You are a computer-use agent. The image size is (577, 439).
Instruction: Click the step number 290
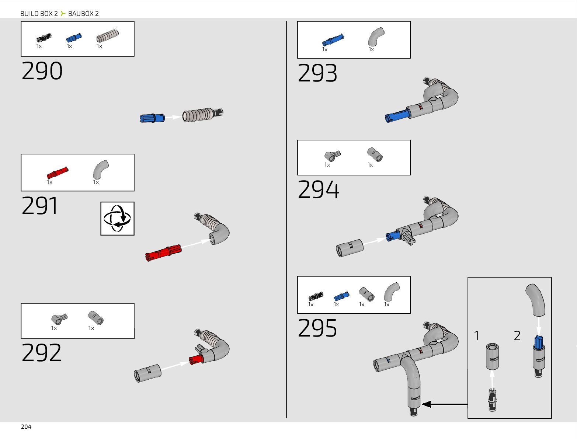coord(42,71)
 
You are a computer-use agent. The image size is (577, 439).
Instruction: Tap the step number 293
coord(317,73)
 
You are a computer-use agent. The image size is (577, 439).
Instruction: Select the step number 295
coord(317,328)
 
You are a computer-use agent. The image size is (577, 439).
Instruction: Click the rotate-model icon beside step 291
coord(117,219)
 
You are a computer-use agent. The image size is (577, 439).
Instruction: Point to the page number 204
coord(26,426)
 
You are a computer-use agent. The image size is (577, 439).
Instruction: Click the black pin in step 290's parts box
coord(44,38)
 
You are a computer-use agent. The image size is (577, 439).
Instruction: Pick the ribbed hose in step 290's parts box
coord(108,36)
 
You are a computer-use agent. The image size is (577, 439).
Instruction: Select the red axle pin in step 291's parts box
coord(57,173)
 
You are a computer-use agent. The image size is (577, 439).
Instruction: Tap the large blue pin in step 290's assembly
coord(152,118)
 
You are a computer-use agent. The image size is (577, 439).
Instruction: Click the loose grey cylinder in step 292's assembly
coord(147,373)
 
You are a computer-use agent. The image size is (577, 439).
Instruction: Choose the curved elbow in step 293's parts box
coord(376,37)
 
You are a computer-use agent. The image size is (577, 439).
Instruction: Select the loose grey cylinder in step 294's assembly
coord(350,248)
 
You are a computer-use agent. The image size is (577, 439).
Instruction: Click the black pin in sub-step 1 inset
coord(492,399)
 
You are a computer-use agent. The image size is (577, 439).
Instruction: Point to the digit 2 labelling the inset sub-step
coord(517,336)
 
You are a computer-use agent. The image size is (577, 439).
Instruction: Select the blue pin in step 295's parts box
coord(341,296)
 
